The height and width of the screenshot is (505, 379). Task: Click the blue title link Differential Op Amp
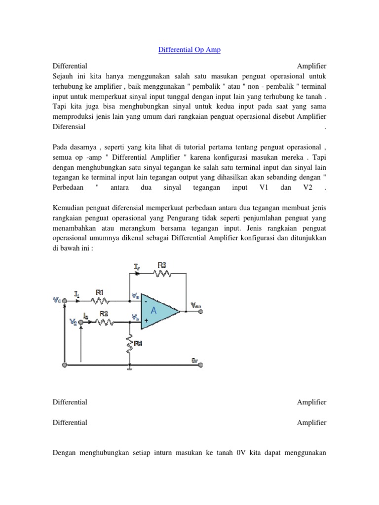pyautogui.click(x=189, y=50)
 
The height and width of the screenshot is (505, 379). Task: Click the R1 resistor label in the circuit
pyautogui.click(x=99, y=292)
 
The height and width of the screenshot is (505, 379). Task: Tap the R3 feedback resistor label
pyautogui.click(x=161, y=265)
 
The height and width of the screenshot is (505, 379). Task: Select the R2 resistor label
pyautogui.click(x=104, y=313)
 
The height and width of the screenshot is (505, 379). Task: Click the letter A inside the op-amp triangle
pyautogui.click(x=153, y=311)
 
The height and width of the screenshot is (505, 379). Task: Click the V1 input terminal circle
pyautogui.click(x=65, y=299)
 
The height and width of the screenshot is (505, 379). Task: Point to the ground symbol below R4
pyautogui.click(x=129, y=367)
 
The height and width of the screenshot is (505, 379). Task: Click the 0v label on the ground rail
pyautogui.click(x=195, y=360)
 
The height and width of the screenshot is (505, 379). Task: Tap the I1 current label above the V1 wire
pyautogui.click(x=77, y=294)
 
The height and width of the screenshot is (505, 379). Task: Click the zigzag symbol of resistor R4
pyautogui.click(x=129, y=345)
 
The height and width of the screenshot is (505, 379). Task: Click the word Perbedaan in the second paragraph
pyautogui.click(x=69, y=188)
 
